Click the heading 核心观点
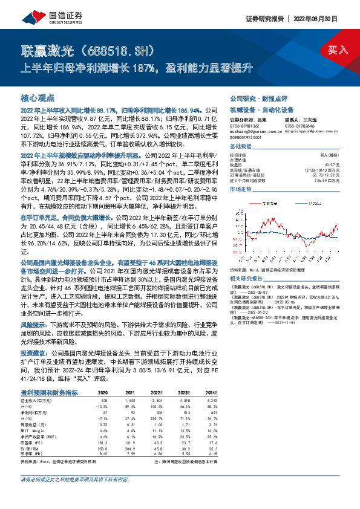pos(38,98)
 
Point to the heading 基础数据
pos(241,148)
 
